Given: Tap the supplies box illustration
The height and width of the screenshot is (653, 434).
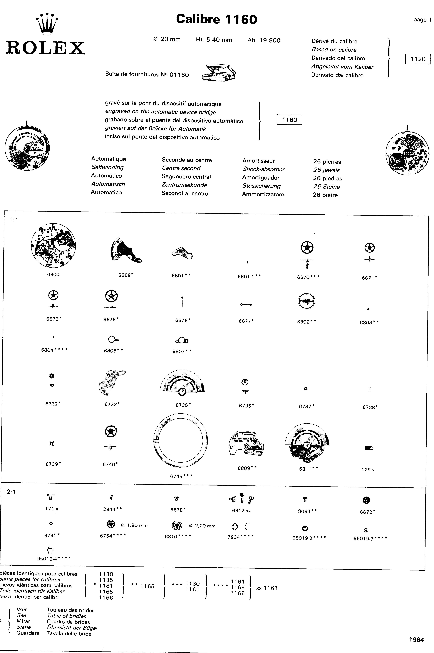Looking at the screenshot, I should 219,73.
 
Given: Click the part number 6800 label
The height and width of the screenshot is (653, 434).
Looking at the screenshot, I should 53,274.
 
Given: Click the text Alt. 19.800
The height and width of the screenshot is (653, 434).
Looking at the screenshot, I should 264,40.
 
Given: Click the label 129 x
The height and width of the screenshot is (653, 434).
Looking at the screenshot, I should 368,470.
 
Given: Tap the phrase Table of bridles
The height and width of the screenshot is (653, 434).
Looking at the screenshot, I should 66,616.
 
